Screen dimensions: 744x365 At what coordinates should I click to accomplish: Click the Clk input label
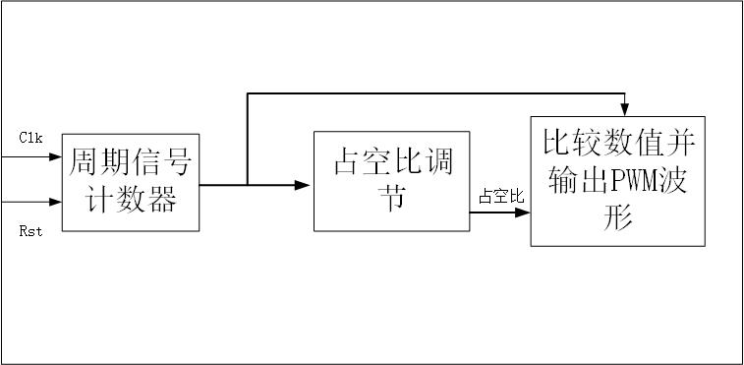click(x=29, y=139)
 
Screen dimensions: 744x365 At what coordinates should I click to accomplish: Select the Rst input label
click(x=29, y=229)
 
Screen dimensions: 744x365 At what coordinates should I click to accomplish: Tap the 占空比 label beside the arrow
click(x=501, y=197)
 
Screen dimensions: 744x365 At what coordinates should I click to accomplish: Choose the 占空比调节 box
click(x=392, y=181)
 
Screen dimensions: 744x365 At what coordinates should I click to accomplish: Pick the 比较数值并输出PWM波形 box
click(x=617, y=181)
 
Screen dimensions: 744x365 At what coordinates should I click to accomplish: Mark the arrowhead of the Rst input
click(x=56, y=202)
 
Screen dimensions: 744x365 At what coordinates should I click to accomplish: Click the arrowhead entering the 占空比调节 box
click(x=305, y=184)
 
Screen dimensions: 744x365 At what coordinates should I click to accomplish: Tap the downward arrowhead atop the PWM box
click(x=624, y=110)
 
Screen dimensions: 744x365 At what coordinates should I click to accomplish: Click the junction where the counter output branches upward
click(x=247, y=184)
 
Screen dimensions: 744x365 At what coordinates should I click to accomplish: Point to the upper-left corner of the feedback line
click(x=247, y=93)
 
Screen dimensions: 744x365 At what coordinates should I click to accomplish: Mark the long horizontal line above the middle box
click(x=432, y=93)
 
